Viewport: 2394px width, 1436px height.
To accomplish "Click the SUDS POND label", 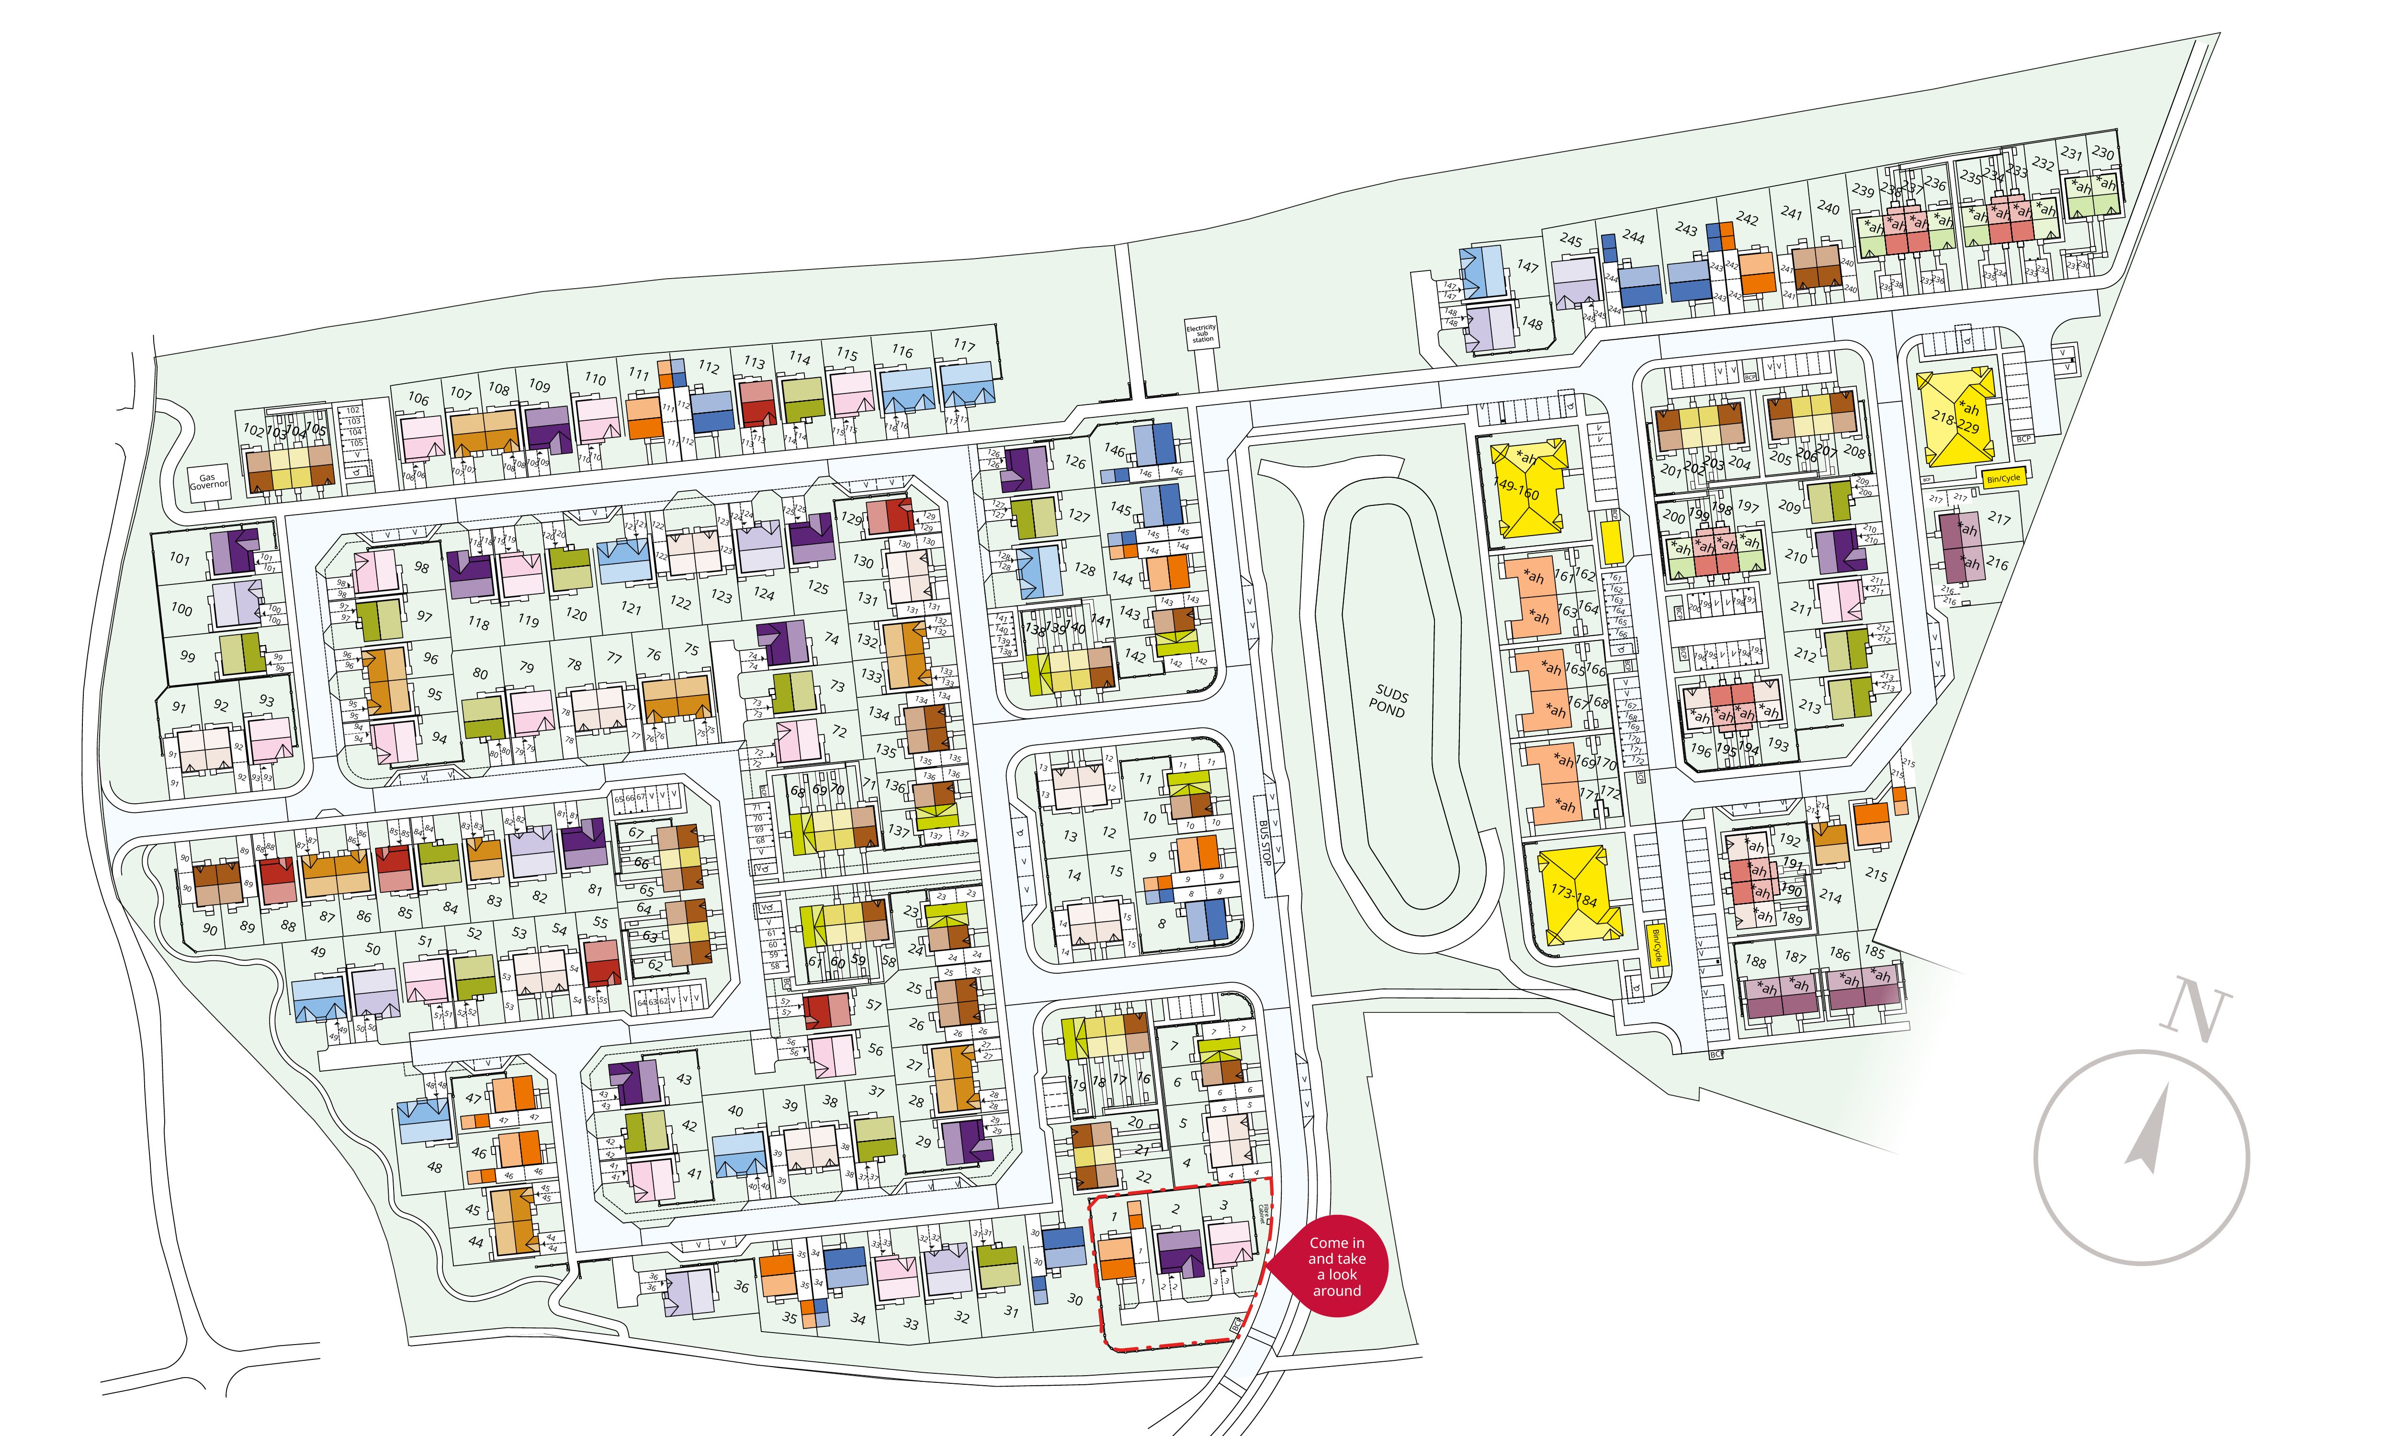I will pos(1389,702).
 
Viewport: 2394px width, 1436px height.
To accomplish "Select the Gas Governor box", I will pos(209,481).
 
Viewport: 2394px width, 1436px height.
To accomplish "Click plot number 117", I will pos(964,346).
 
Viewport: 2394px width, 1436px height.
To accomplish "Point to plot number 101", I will pos(180,558).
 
